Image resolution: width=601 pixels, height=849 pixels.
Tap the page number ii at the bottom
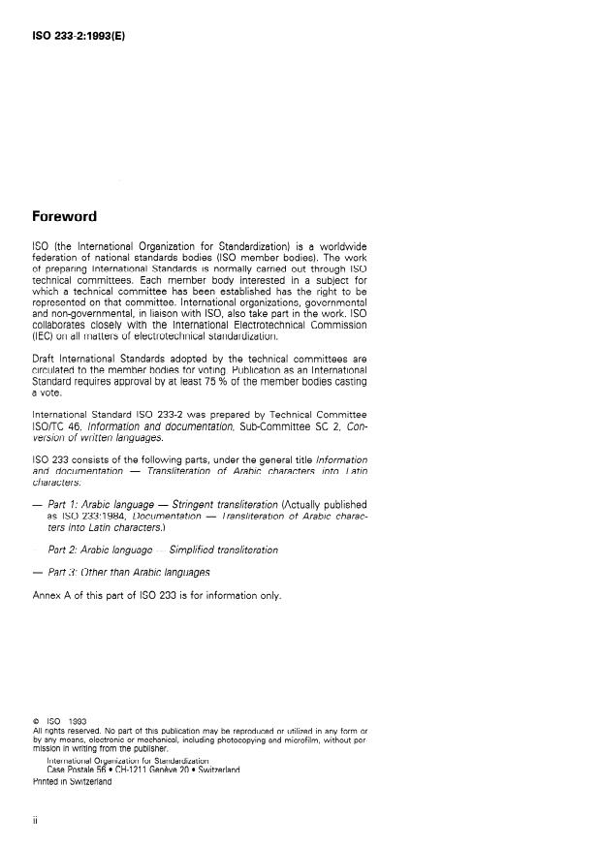click(36, 820)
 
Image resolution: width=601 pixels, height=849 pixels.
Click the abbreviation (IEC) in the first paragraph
click(45, 335)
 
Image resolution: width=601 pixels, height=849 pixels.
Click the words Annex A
click(55, 594)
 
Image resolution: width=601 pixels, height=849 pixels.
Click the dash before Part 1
click(37, 505)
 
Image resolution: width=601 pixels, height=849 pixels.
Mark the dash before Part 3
click(37, 572)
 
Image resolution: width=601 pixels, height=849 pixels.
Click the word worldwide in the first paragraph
click(338, 246)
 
